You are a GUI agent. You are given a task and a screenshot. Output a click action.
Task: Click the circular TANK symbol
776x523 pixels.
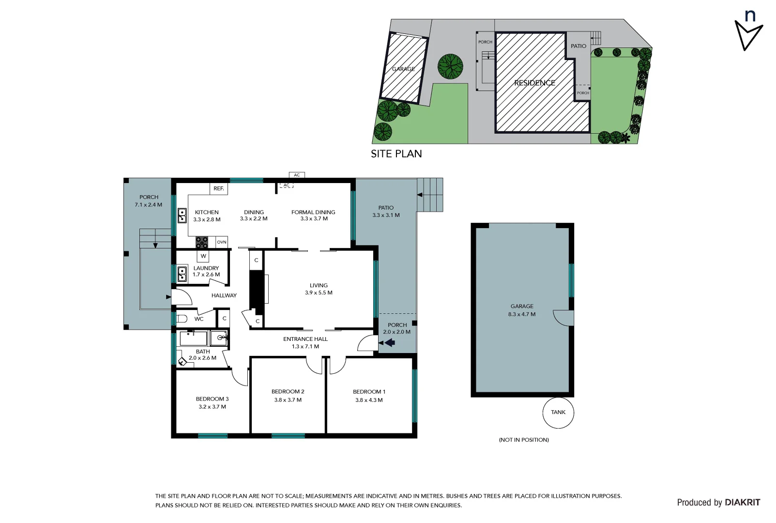click(558, 413)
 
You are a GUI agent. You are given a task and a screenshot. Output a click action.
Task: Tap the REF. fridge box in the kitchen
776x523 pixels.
click(219, 188)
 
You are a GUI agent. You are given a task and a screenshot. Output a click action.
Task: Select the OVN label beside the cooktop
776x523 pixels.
click(221, 242)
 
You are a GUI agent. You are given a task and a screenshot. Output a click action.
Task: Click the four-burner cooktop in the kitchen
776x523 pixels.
click(202, 242)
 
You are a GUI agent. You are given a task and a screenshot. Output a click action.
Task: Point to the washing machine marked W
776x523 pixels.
click(203, 256)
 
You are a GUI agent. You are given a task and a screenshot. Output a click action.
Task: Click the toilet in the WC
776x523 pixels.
click(182, 319)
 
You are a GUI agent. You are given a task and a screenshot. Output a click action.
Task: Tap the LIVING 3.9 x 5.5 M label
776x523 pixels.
click(319, 289)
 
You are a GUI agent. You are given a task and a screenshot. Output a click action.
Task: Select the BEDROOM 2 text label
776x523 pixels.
click(288, 392)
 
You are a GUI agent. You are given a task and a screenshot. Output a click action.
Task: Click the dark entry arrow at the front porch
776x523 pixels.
click(389, 343)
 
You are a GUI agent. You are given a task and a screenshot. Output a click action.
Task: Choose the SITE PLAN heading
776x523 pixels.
click(396, 154)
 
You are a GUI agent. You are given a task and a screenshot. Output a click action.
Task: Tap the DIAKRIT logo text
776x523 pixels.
click(742, 503)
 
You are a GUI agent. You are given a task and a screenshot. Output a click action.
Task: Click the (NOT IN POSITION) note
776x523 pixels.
click(523, 440)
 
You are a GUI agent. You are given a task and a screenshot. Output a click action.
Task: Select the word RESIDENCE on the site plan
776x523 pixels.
click(534, 83)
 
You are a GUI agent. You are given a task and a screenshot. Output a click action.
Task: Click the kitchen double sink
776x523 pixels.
click(182, 215)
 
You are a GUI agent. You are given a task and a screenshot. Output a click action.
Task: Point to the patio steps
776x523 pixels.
click(430, 195)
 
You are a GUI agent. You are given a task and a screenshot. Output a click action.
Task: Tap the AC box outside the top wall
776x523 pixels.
click(297, 175)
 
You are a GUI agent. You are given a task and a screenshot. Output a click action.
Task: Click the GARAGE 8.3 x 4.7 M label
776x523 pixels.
click(522, 310)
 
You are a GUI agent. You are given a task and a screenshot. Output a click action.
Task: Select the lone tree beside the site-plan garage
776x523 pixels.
click(450, 66)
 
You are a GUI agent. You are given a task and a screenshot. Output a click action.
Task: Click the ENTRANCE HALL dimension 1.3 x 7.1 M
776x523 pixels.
click(305, 347)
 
